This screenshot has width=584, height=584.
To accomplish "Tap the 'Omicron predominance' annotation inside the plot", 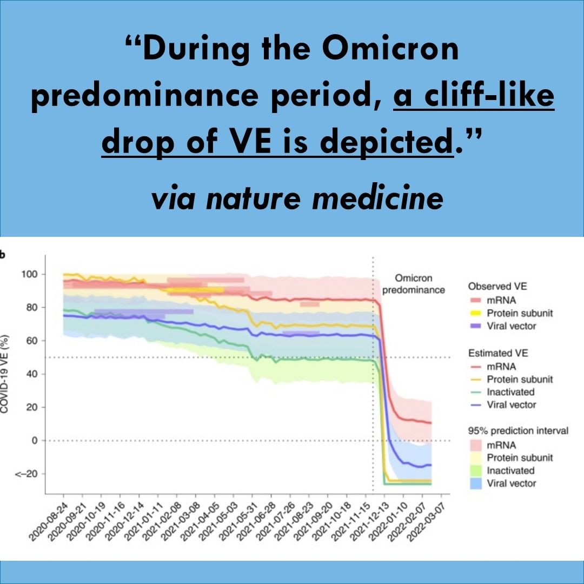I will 414,284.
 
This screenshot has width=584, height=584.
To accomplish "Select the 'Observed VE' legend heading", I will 497,286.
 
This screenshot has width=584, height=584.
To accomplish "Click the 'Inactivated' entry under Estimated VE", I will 510,391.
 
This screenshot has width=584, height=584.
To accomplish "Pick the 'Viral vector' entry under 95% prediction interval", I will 512,483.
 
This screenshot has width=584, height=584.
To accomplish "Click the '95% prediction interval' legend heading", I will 518,431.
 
